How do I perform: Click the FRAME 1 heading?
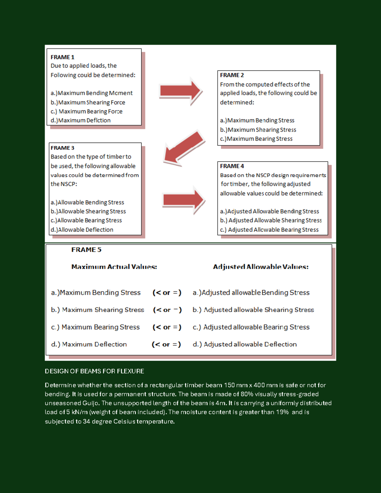coord(62,57)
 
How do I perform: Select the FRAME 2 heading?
coord(232,75)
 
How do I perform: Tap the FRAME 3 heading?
coord(62,148)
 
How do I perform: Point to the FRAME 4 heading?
coord(232,166)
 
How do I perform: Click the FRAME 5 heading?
coord(86,250)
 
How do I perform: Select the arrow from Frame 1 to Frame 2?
coord(180,91)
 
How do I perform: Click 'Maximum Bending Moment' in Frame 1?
coord(91,93)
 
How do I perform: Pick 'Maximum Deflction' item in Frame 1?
coord(81,120)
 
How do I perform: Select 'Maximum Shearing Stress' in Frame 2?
coord(258,130)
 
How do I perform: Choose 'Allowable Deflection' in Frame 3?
coord(82,230)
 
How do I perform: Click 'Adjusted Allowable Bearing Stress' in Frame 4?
coord(269,230)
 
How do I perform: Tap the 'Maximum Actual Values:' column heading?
coord(114,267)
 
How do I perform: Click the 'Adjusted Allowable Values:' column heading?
coord(261,267)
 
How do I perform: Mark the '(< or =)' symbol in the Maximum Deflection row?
coord(166,344)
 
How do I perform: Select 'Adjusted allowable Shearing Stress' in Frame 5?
coord(253,310)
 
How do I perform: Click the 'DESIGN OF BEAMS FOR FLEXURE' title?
coord(94,371)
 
